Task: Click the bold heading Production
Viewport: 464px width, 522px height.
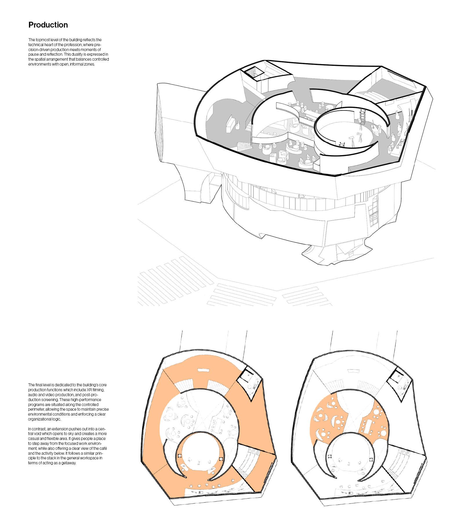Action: point(48,25)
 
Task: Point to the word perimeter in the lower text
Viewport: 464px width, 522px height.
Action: point(36,409)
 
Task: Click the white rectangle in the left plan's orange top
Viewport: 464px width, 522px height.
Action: point(204,371)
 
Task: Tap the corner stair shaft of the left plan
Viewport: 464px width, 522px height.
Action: point(246,377)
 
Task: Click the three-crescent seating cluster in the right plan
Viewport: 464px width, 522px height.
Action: point(322,418)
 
